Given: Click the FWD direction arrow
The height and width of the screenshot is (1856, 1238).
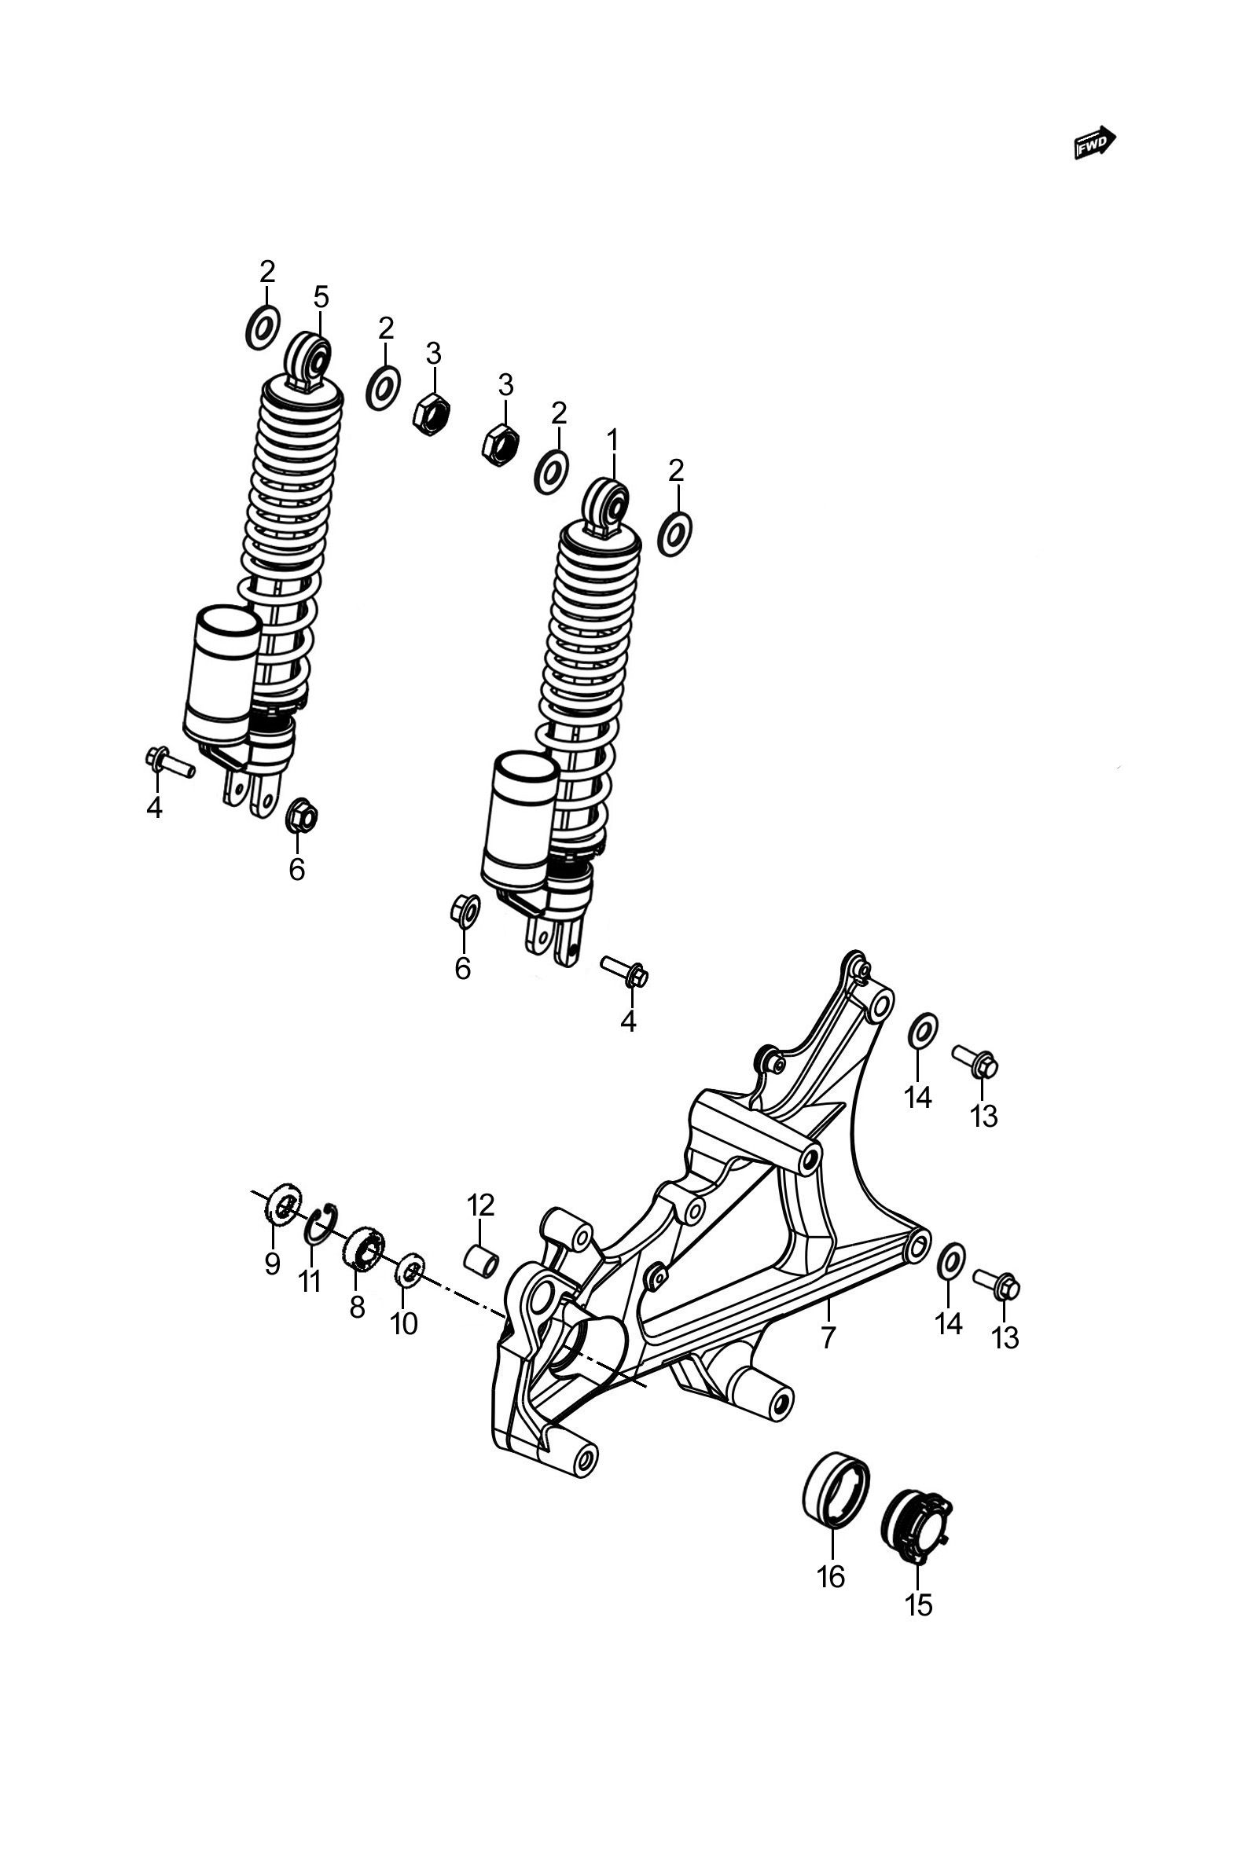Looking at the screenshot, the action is click(1095, 142).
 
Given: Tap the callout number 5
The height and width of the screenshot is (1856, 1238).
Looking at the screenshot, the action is click(321, 298).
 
